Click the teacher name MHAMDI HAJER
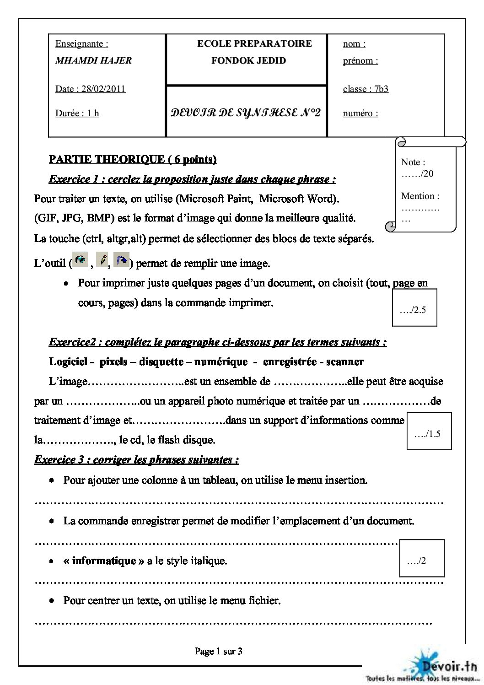pyautogui.click(x=93, y=60)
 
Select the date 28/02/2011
pyautogui.click(x=103, y=89)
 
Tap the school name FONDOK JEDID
pyautogui.click(x=248, y=60)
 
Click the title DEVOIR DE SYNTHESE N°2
pyautogui.click(x=246, y=113)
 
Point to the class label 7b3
pyautogui.click(x=381, y=89)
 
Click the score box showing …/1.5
pyautogui.click(x=429, y=431)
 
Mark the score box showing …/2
pyautogui.click(x=421, y=558)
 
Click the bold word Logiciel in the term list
pyautogui.click(x=69, y=361)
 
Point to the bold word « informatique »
pyautogui.click(x=100, y=561)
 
